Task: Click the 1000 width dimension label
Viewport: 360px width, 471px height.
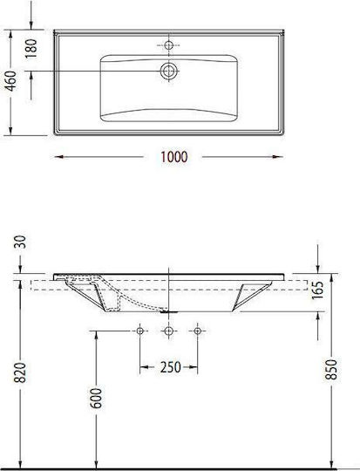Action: tap(174, 157)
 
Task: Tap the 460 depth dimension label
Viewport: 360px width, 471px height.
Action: tap(11, 81)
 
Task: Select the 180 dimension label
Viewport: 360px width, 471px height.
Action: tap(31, 48)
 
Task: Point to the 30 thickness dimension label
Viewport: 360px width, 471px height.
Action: tap(21, 242)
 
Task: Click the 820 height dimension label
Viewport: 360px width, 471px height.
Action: tap(21, 372)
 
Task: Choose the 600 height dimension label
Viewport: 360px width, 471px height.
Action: tap(96, 398)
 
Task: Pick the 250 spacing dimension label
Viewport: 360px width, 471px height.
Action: tap(171, 367)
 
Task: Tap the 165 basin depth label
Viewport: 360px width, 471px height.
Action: tap(317, 290)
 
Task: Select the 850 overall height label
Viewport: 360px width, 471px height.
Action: tap(332, 369)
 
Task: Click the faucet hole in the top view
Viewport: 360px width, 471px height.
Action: tap(169, 45)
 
